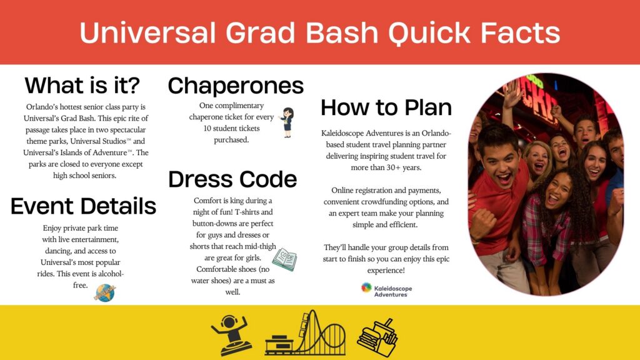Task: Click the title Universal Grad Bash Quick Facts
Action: pyautogui.click(x=319, y=32)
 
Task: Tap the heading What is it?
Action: pyautogui.click(x=82, y=84)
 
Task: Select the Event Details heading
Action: pyautogui.click(x=83, y=206)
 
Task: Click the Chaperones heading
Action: pyautogui.click(x=236, y=85)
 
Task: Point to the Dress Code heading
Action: pyautogui.click(x=232, y=179)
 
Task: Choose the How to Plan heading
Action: pyautogui.click(x=386, y=107)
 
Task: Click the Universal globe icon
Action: pyautogui.click(x=104, y=292)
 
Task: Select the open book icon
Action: pyautogui.click(x=284, y=259)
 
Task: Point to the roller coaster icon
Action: pyautogui.click(x=305, y=332)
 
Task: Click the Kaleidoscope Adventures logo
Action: pyautogui.click(x=384, y=289)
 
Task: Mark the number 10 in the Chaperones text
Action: pyautogui.click(x=207, y=129)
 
